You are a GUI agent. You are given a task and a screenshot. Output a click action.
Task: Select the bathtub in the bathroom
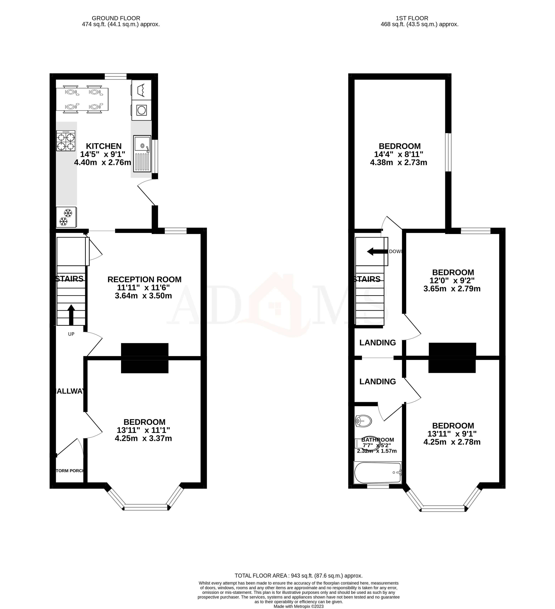pyautogui.click(x=378, y=472)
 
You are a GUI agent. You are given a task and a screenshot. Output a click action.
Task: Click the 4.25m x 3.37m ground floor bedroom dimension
pyautogui.click(x=143, y=438)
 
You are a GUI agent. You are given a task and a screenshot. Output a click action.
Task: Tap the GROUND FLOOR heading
pyautogui.click(x=116, y=18)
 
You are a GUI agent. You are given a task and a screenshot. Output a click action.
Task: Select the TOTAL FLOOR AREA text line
pyautogui.click(x=298, y=576)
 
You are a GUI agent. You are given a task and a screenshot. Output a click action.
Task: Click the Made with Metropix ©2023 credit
pyautogui.click(x=298, y=606)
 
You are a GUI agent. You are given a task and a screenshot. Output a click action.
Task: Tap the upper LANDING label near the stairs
pyautogui.click(x=377, y=343)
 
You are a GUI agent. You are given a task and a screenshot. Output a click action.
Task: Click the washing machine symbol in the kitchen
pyautogui.click(x=141, y=110)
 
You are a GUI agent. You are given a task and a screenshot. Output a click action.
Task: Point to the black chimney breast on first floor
pyautogui.click(x=452, y=358)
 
